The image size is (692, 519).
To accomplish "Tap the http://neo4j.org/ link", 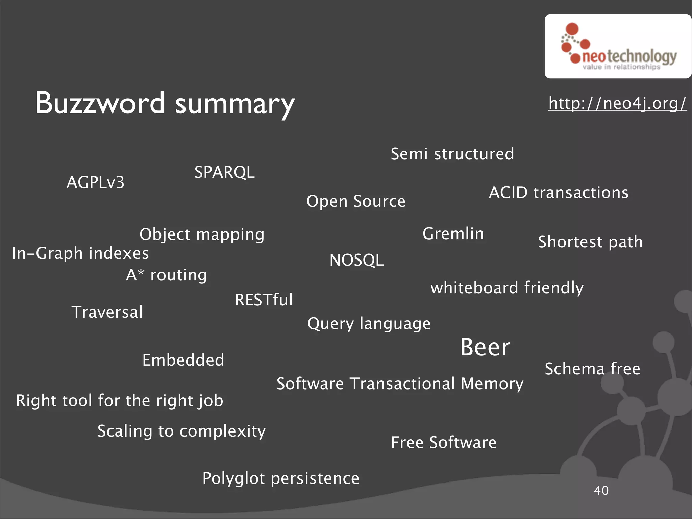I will point(617,103).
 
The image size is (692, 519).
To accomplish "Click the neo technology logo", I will point(618,47).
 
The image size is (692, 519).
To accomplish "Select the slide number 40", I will point(601,490).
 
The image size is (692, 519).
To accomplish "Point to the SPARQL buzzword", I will point(224,172).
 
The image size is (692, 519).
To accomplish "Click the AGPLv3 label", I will point(96,182).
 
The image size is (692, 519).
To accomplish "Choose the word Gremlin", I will point(453,234).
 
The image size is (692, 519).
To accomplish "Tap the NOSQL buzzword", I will point(356,260).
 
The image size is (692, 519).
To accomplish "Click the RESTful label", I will point(264,300).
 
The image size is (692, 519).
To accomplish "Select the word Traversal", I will point(107,312).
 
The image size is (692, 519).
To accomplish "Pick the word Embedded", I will point(183,360).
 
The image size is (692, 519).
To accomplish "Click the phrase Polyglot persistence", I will point(281,478).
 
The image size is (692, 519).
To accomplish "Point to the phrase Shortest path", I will point(590,242).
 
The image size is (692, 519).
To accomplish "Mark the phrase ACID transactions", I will point(559,193).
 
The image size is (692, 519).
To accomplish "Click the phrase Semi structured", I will point(452,154).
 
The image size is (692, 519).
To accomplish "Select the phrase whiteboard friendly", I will point(507,288).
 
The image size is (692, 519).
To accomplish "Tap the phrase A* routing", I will point(166,275).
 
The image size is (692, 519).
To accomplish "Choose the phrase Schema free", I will point(592,369).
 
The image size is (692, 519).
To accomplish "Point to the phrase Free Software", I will point(444,443).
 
